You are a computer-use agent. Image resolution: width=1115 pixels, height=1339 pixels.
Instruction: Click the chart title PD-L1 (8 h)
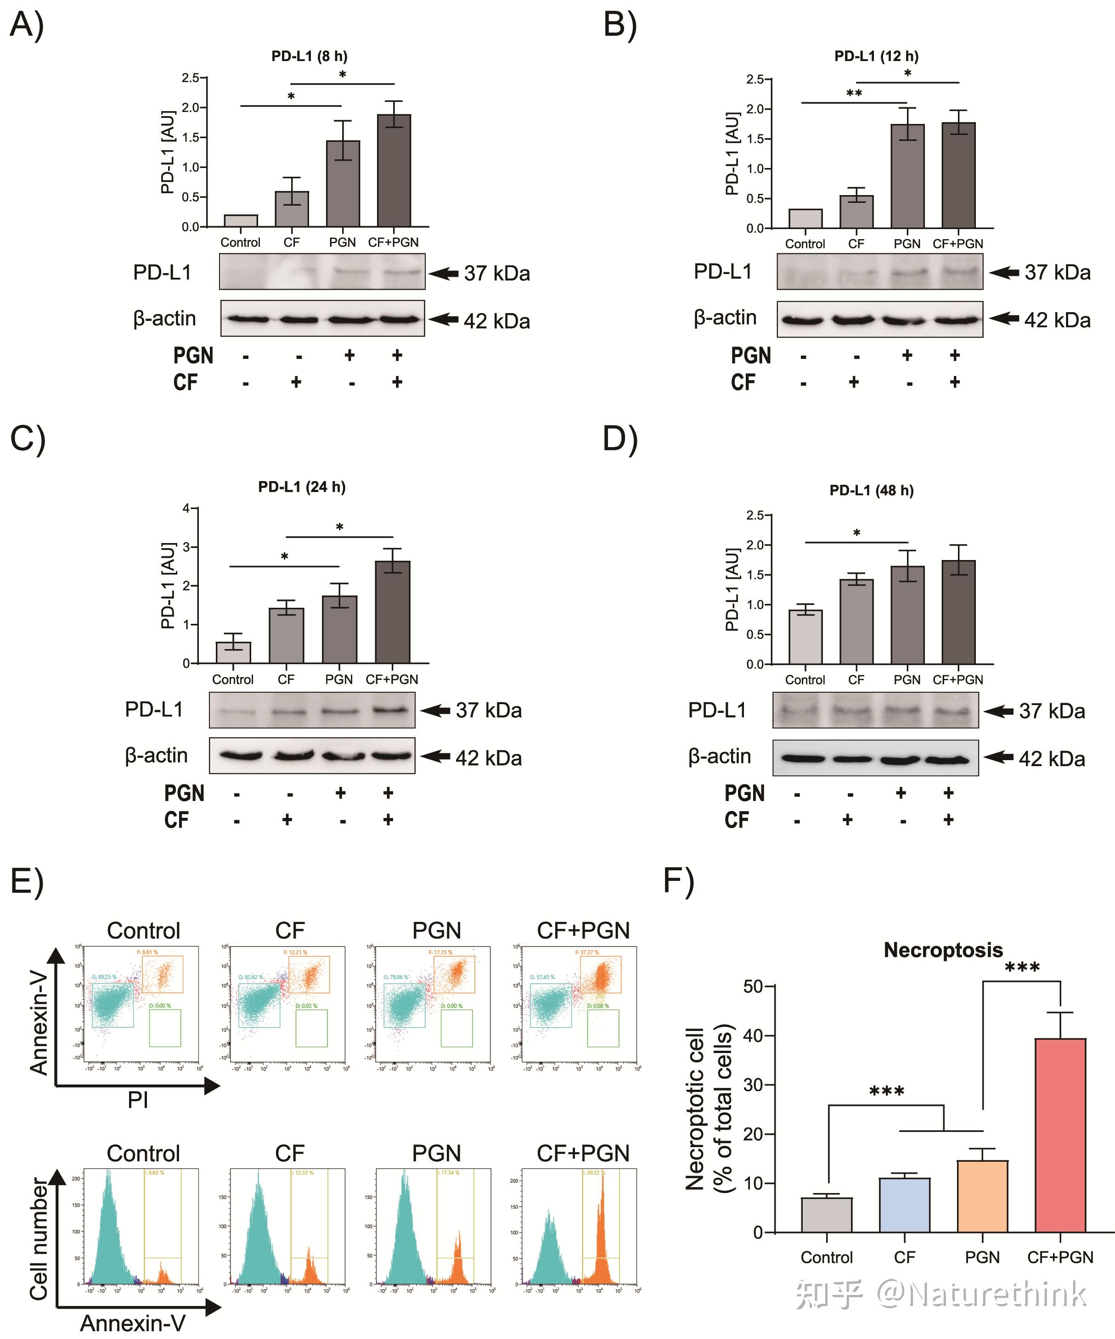pyautogui.click(x=310, y=56)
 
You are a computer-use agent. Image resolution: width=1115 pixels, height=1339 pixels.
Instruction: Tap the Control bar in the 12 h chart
pyautogui.click(x=805, y=218)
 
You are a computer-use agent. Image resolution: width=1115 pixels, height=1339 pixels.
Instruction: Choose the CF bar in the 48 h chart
pyautogui.click(x=856, y=622)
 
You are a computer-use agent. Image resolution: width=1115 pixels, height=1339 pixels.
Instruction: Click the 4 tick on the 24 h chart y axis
pyautogui.click(x=186, y=508)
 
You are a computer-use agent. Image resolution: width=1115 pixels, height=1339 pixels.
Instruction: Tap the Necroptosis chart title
pyautogui.click(x=943, y=950)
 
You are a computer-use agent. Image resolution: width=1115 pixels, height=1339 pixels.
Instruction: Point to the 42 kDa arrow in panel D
pyautogui.click(x=999, y=757)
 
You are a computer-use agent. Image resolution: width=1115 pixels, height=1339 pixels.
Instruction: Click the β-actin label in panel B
pyautogui.click(x=725, y=318)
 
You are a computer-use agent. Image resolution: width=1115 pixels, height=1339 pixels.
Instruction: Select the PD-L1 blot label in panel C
pyautogui.click(x=154, y=709)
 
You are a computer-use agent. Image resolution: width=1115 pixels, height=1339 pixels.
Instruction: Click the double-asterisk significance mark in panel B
pyautogui.click(x=854, y=94)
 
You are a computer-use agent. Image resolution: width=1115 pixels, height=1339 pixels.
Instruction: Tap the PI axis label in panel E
pyautogui.click(x=138, y=1100)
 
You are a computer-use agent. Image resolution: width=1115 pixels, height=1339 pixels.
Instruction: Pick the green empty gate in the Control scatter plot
pyautogui.click(x=164, y=1028)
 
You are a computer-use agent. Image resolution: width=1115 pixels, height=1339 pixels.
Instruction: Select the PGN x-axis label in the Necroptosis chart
pyautogui.click(x=982, y=1257)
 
